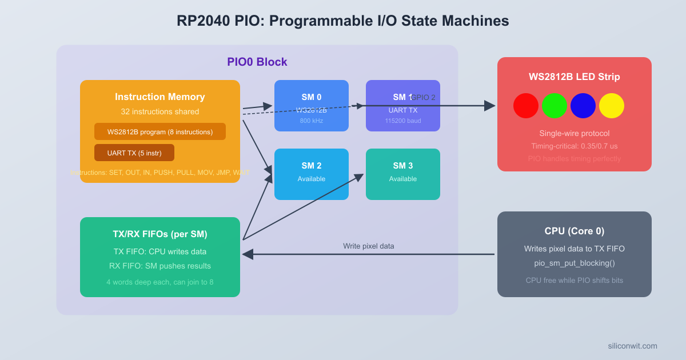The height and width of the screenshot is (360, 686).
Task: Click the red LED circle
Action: pos(526,106)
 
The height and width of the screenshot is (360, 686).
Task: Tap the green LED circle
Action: pos(555,106)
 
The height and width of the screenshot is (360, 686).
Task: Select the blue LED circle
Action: pos(583,106)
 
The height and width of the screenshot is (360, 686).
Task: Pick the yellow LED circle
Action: pos(612,106)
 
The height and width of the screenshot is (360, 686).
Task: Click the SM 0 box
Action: pos(312,106)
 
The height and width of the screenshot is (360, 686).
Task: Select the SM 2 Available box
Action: pos(312,174)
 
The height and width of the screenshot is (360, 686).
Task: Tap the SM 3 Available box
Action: pos(403,174)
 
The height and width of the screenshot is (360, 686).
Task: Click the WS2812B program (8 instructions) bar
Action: pos(160,131)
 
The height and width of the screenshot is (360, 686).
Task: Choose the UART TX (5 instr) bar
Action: pos(134,153)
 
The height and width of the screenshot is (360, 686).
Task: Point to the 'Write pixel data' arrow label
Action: pos(369,246)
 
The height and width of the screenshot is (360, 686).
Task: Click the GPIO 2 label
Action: pos(424,98)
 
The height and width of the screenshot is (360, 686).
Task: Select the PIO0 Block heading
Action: pos(257,62)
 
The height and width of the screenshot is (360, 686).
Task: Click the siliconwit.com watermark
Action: pos(632,346)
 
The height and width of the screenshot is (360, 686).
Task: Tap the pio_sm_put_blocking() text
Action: pos(575,263)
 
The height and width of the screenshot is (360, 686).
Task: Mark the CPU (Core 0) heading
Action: pos(575,231)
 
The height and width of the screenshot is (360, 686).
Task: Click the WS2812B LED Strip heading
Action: pos(575,77)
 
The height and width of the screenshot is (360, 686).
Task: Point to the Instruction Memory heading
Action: pos(160,97)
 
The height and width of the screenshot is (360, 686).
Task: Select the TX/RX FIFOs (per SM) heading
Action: pos(160,234)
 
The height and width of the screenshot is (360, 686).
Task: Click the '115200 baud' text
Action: pos(403,121)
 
